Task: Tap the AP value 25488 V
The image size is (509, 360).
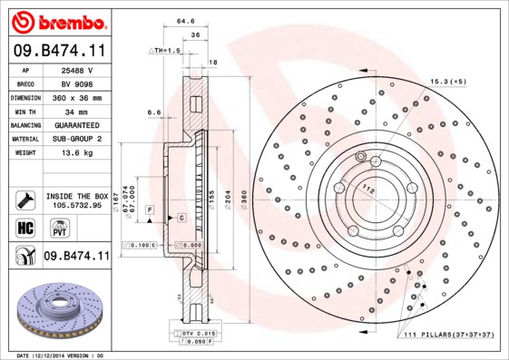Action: pos(76,69)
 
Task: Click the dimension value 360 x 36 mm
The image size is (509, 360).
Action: pos(76,96)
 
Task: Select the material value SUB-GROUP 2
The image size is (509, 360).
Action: pos(76,138)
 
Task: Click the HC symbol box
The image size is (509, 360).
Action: pos(25,227)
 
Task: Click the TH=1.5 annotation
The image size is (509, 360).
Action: pos(166,51)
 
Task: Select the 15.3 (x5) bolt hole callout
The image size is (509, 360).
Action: pos(448,83)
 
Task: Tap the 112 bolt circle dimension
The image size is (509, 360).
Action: pos(369,189)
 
